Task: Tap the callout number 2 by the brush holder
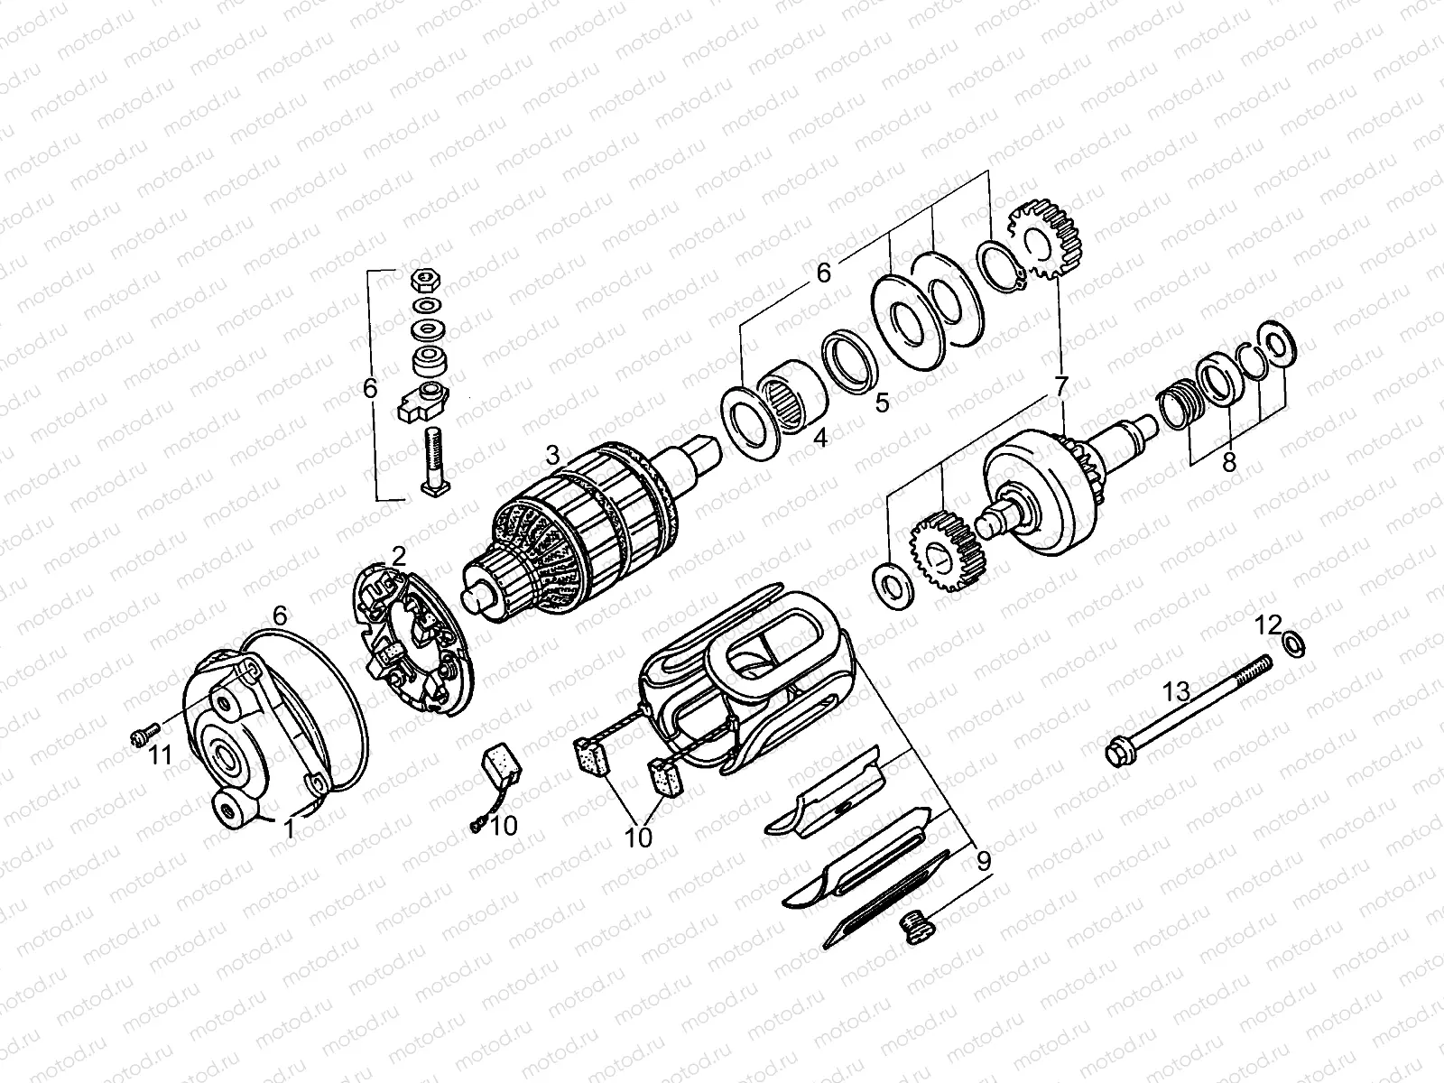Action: click(x=399, y=555)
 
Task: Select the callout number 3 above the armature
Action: click(x=553, y=453)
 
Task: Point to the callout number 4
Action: click(x=819, y=440)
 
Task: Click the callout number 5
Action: click(x=882, y=402)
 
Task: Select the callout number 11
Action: click(x=160, y=755)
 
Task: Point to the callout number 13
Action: click(x=1176, y=693)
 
